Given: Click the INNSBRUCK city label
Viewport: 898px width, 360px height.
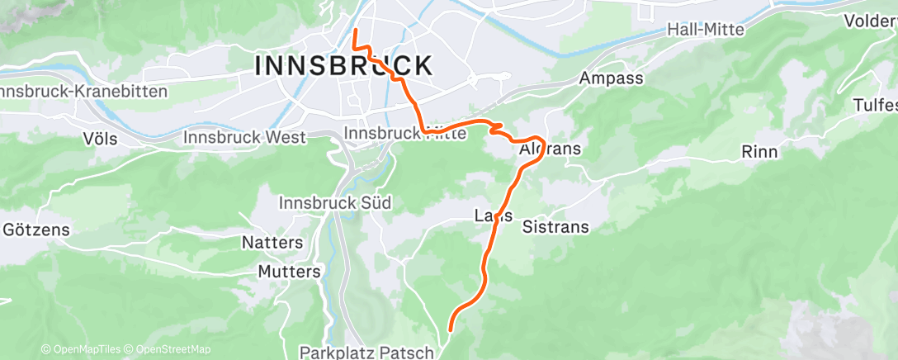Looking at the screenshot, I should [x=343, y=66].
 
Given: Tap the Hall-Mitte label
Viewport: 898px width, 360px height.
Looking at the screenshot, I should [x=706, y=30].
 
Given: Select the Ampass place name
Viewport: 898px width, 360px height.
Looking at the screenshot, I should [x=611, y=78].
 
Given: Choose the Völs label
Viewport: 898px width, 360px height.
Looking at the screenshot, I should [x=100, y=138].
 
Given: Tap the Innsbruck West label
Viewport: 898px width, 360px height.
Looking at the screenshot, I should [x=245, y=137].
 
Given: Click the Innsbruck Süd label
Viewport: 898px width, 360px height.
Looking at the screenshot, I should [x=334, y=203].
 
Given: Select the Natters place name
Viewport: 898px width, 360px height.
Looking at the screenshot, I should [x=272, y=243].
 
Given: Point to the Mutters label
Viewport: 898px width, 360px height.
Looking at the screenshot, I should [x=289, y=272].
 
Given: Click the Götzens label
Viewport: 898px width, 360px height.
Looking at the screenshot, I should [x=36, y=229].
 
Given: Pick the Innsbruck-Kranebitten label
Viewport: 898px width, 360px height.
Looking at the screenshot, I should [x=83, y=92].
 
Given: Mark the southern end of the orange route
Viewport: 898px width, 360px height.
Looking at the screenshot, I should [x=451, y=330].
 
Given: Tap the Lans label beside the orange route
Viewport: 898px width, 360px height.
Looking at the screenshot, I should [x=494, y=216].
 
